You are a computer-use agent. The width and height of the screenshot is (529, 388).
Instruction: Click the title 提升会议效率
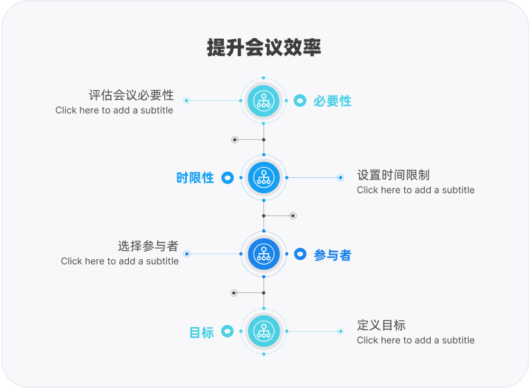(x=263, y=48)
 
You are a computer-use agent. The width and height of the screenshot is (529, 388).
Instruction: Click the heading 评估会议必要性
(x=131, y=95)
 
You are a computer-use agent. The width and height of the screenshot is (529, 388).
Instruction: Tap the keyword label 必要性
(x=332, y=101)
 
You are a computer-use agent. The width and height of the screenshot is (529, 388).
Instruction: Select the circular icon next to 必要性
(x=263, y=100)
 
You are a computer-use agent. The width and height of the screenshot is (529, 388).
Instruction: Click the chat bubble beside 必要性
(x=300, y=100)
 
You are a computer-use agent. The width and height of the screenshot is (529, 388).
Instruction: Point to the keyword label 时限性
(x=195, y=178)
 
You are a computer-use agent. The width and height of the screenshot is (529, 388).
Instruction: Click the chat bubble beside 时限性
(x=227, y=178)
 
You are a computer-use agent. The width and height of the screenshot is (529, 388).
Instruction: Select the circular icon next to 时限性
(x=263, y=177)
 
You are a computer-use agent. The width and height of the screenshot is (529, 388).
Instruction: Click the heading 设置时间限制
(x=393, y=175)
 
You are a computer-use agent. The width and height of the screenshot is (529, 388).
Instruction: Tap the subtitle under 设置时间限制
(x=415, y=190)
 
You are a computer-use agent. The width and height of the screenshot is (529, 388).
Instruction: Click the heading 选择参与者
(x=148, y=246)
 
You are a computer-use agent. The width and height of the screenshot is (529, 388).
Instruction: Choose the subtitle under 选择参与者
(x=119, y=261)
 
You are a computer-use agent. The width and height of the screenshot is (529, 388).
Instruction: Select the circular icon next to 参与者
(x=263, y=254)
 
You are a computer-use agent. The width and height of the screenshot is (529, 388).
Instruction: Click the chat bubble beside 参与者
(x=300, y=254)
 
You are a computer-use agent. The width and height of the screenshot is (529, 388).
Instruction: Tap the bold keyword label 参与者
(x=332, y=255)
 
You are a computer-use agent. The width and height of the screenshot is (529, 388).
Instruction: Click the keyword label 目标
(x=201, y=333)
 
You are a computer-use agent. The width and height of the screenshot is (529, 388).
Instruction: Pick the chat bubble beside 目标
(x=227, y=331)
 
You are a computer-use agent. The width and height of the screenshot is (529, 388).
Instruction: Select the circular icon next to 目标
(x=263, y=331)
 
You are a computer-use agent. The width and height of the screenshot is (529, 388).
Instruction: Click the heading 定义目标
(x=381, y=325)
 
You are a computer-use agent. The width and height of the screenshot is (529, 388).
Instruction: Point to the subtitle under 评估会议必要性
(x=114, y=110)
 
